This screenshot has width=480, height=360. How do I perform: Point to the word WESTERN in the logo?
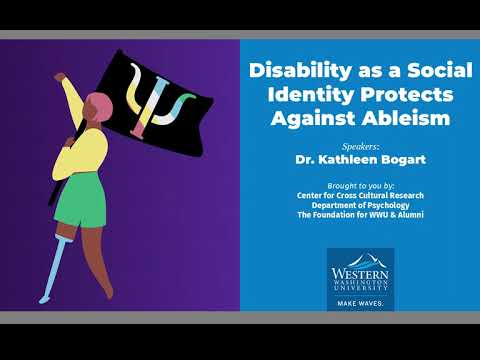(x=360, y=270)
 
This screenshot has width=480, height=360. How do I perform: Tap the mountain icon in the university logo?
(x=360, y=257)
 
